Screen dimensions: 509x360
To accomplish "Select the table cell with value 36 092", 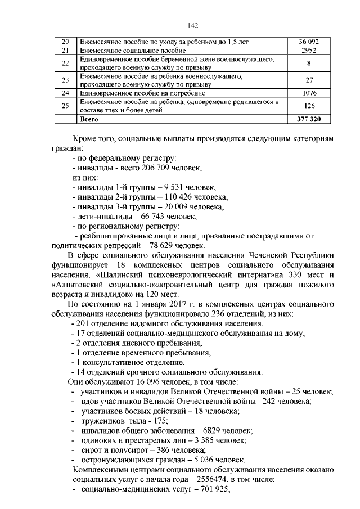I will click(x=309, y=42).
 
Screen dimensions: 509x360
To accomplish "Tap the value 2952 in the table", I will click(x=309, y=51).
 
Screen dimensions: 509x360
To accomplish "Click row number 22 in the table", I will click(x=65, y=63).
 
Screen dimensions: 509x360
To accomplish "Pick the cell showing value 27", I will click(x=309, y=80).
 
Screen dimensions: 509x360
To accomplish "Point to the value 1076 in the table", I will click(x=309, y=93).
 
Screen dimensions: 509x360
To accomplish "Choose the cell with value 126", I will click(x=309, y=106).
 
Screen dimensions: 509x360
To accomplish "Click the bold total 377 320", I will click(x=309, y=119).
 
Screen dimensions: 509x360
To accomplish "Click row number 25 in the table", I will click(x=65, y=106).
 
